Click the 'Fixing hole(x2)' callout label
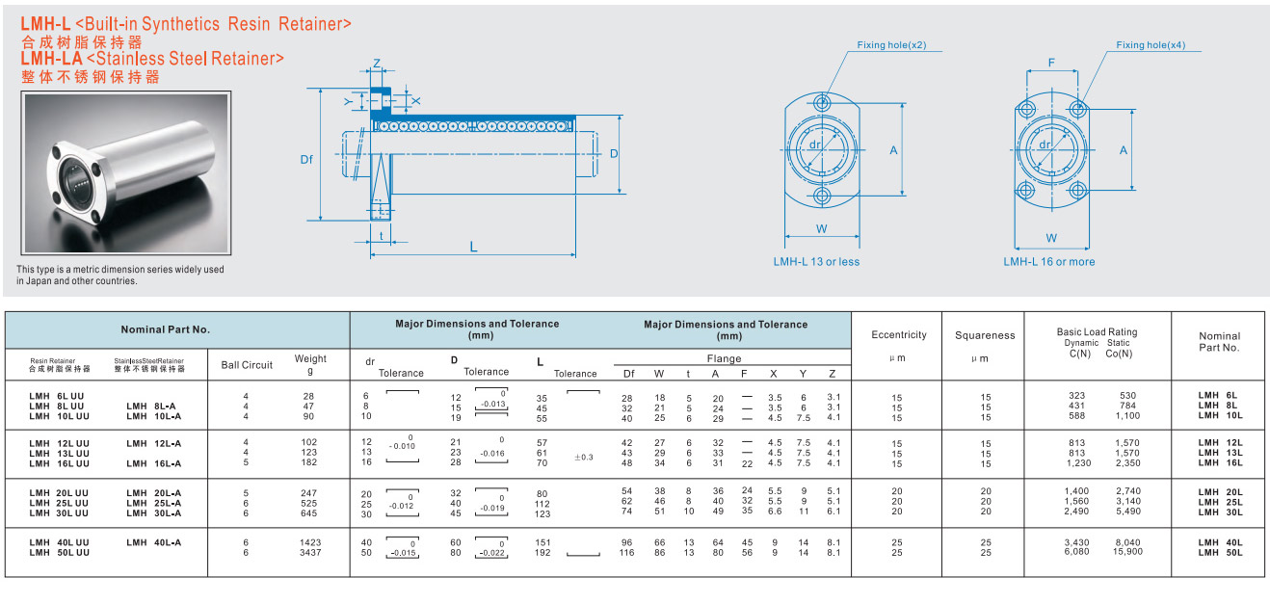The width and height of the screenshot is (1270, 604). pos(891,44)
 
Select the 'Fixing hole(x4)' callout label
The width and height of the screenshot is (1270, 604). pos(1151,44)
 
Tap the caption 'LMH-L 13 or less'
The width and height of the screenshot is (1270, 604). pos(816,262)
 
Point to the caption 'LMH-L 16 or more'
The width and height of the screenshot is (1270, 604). pos(1049,262)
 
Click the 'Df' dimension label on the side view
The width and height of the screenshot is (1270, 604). pos(306,160)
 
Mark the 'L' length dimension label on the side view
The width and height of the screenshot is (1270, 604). pos(473,247)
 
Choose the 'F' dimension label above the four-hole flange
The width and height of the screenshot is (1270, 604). pos(1051,63)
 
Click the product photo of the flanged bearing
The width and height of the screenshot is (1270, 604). pos(126,172)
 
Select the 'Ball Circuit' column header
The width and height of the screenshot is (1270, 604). pos(247,365)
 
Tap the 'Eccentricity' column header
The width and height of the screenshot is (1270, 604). pos(899,335)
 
